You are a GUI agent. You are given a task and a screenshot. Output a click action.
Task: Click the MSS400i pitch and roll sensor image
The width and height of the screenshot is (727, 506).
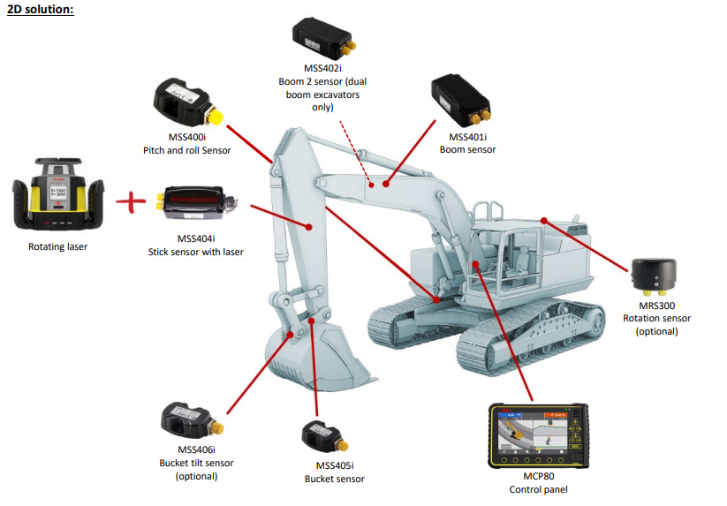click(x=187, y=104)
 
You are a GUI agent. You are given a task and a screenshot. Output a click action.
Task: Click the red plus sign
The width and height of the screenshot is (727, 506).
click(x=131, y=202)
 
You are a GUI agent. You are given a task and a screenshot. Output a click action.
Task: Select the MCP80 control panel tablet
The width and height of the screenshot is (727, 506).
click(x=538, y=438)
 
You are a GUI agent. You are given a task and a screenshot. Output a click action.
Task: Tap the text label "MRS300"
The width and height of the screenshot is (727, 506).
click(x=656, y=306)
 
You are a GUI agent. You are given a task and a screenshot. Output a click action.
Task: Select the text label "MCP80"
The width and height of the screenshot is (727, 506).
click(x=538, y=477)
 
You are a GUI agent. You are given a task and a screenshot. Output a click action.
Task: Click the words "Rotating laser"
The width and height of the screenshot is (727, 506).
click(x=58, y=246)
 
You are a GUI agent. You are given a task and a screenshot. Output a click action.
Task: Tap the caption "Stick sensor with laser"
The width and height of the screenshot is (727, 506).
click(x=195, y=252)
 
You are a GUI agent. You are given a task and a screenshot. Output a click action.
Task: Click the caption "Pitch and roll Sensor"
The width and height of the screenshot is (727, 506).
click(x=186, y=150)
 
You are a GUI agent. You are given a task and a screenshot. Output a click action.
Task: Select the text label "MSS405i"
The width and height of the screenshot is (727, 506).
click(x=334, y=465)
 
